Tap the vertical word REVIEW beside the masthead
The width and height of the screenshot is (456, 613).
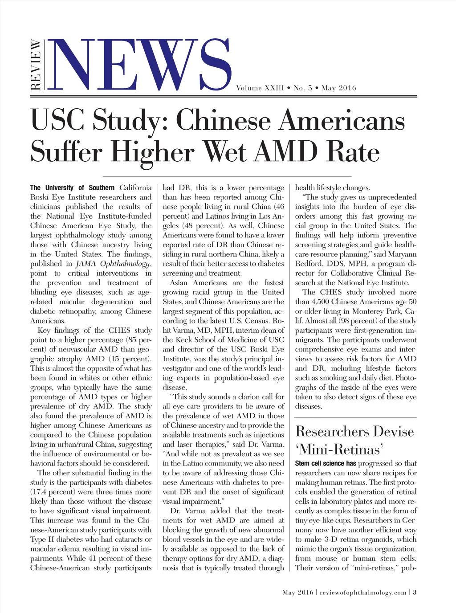click(x=36, y=65)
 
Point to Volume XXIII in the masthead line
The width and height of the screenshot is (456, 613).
click(x=260, y=88)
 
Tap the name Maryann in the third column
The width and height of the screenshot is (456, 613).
click(x=402, y=254)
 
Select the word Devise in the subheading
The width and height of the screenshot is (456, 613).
click(x=393, y=431)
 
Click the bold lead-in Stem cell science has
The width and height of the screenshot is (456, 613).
click(x=326, y=463)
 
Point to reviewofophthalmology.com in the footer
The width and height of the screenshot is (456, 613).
click(x=363, y=593)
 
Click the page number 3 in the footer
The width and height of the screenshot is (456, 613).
click(x=415, y=593)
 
